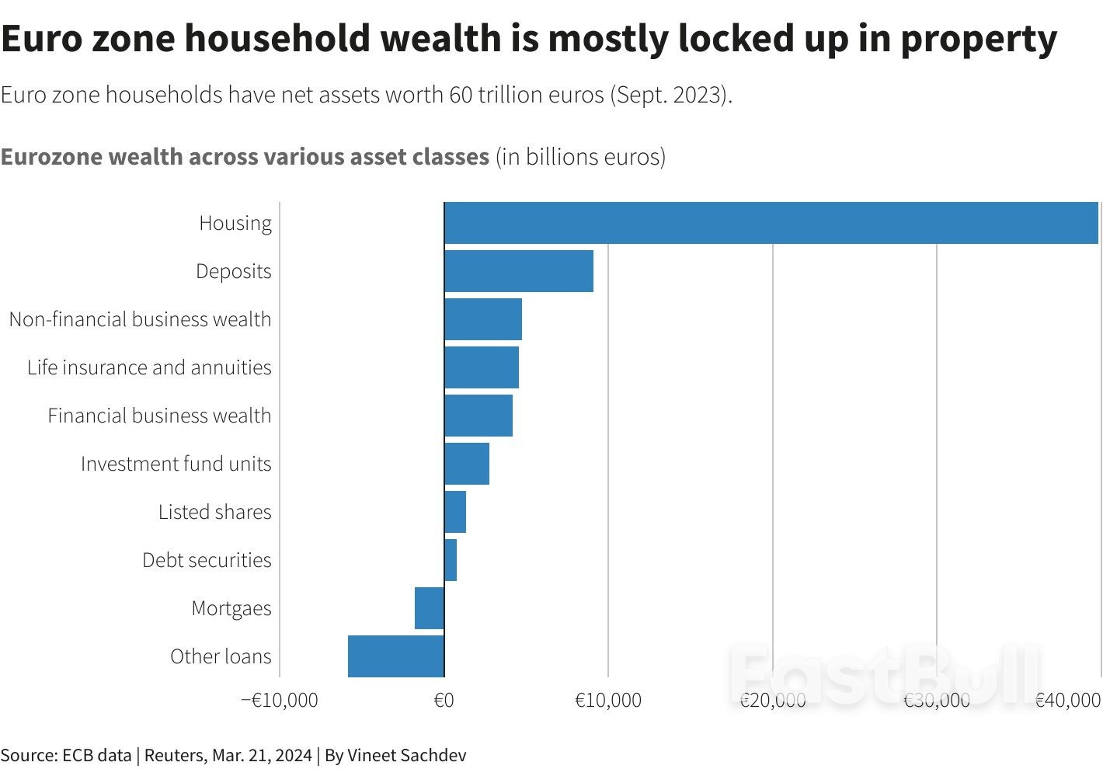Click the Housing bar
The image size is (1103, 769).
pos(771,223)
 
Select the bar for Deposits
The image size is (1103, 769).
pos(518,271)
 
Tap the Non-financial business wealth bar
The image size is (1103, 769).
pos(482,319)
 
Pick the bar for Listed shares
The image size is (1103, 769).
pos(455,512)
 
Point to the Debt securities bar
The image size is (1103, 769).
pos(451,560)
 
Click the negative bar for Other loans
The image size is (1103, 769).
pos(396,656)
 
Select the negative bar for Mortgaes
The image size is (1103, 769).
pos(430,608)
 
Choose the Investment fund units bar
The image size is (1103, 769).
pos(467,464)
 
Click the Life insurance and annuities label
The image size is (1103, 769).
pos(149,367)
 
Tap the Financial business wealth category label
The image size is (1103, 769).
pos(159,416)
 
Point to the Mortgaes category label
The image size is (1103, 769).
pos(231,608)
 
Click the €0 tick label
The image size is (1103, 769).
pos(444,701)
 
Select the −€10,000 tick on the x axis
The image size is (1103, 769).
pos(280,701)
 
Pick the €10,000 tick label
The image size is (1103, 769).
pos(608,701)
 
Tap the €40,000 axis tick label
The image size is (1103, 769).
pos(1068,701)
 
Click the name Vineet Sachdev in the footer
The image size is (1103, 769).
pos(406,755)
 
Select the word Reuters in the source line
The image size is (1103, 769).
pos(173,755)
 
